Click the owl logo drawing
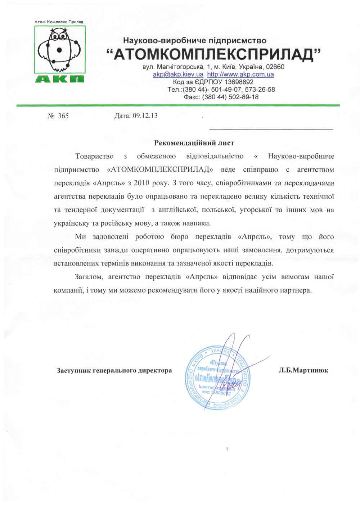60,50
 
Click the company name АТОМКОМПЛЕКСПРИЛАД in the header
213,54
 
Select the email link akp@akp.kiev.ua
178,74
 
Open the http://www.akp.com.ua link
241,74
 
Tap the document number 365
63,116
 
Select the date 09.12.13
145,116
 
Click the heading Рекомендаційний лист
194,143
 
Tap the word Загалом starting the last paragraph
90,277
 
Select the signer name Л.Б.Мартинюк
303,370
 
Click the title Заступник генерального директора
114,370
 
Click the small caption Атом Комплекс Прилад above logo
59,22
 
